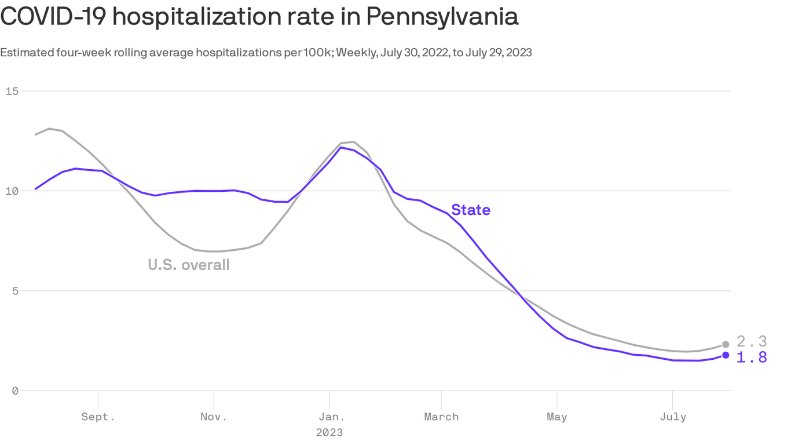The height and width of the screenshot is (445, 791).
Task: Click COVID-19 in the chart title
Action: [x=52, y=17]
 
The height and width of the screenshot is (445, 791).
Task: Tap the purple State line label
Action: [x=470, y=210]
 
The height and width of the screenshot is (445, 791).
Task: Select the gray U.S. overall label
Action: [x=189, y=265]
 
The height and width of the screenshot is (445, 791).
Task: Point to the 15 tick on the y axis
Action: [x=12, y=91]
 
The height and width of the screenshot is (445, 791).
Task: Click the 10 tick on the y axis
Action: [x=12, y=191]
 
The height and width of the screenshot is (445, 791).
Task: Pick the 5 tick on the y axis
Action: [x=14, y=291]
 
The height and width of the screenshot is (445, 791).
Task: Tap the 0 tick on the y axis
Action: [x=14, y=391]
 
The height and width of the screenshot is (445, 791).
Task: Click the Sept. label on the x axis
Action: [x=98, y=417]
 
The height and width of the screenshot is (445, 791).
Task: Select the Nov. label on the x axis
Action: [x=214, y=417]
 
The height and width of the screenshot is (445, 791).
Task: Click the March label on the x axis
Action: [x=441, y=417]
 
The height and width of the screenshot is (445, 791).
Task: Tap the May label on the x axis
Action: [x=556, y=417]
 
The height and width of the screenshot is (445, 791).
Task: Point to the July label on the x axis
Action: [x=672, y=417]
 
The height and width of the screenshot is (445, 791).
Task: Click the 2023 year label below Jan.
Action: [x=329, y=432]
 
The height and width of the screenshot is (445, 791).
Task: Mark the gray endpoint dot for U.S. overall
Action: [x=726, y=344]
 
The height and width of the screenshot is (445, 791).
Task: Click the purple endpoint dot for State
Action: [x=726, y=355]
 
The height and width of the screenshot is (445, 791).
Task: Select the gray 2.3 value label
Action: [x=752, y=341]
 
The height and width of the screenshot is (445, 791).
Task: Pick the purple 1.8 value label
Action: [x=752, y=358]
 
